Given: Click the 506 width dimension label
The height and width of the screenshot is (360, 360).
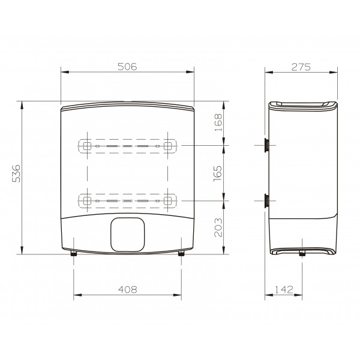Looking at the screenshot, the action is coord(127,67).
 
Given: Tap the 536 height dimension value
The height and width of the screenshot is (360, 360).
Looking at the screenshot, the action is coord(16,173).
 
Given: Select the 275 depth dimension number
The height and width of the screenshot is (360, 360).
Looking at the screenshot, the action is coord(301,67).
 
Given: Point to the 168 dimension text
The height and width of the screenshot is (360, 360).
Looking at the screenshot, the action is coord(218,122).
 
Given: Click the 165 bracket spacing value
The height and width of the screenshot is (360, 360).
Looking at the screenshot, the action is coord(218,173).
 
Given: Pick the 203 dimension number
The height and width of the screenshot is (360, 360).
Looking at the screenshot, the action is coord(218,227).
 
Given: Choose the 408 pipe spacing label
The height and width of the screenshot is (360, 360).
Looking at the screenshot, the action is coord(128,290).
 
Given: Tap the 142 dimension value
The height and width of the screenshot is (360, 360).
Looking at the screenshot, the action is coord(284,290).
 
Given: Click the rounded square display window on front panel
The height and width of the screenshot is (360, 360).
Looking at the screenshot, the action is coord(128,235).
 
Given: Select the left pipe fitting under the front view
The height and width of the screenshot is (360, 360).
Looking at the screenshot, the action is coord(74,253).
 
